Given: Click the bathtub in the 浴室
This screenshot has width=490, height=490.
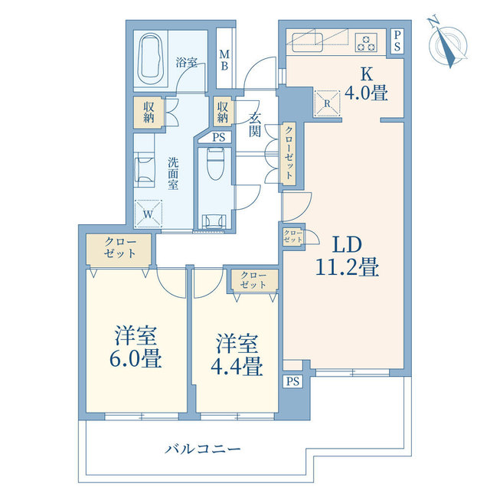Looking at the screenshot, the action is tap(152, 59).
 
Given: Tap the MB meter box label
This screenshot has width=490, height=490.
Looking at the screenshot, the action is tap(224, 60).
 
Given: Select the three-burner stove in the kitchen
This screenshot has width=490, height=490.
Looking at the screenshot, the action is tap(366, 43).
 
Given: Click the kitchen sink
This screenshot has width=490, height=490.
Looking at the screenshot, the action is tap(308, 41).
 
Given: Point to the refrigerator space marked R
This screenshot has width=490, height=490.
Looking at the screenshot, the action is tap(327, 103).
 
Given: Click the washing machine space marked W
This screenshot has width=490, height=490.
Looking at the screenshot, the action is tap(149, 214).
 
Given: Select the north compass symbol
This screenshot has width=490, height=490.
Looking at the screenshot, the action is tap(447, 43).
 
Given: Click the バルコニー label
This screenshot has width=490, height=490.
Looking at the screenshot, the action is tap(203, 449).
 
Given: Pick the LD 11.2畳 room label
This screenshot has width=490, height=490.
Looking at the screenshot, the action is tap(347, 256).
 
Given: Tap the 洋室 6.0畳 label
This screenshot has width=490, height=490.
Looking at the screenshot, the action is tap(136, 346).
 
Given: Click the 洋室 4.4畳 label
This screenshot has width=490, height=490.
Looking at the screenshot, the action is tap(237, 354).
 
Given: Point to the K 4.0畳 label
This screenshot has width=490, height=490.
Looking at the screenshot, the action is tap(366, 83).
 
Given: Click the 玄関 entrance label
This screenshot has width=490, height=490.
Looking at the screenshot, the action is tap(255, 124).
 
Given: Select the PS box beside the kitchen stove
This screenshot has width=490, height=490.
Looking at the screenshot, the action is tap(397, 41).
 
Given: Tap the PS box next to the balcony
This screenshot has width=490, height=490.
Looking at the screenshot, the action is tap(292, 381).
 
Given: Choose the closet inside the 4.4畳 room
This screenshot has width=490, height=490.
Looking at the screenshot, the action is tap(253, 280).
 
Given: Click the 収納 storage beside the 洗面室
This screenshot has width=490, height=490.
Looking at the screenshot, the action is tap(149, 113).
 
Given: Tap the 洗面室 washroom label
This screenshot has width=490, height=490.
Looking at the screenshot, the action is tap(173, 174).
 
